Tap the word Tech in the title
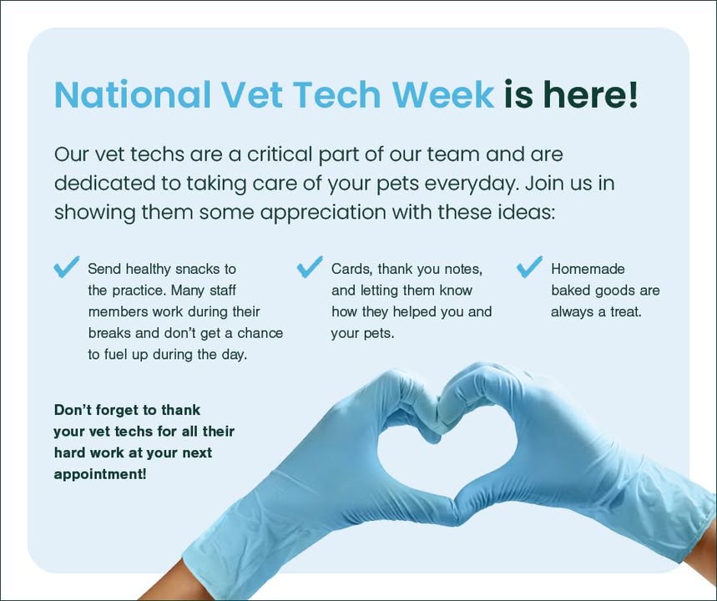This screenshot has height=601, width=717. [336, 94]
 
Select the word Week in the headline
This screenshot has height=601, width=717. [442, 94]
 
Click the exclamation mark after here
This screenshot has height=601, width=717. [633, 93]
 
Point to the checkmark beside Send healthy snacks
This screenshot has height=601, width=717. [66, 266]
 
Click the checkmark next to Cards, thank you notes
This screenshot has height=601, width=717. [310, 266]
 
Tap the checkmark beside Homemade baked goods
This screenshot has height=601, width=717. [529, 266]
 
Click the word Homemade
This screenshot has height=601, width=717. [588, 269]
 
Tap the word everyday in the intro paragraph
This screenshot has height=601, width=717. [472, 184]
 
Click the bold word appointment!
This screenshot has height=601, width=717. [100, 474]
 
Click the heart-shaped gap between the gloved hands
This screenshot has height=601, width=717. [446, 462]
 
